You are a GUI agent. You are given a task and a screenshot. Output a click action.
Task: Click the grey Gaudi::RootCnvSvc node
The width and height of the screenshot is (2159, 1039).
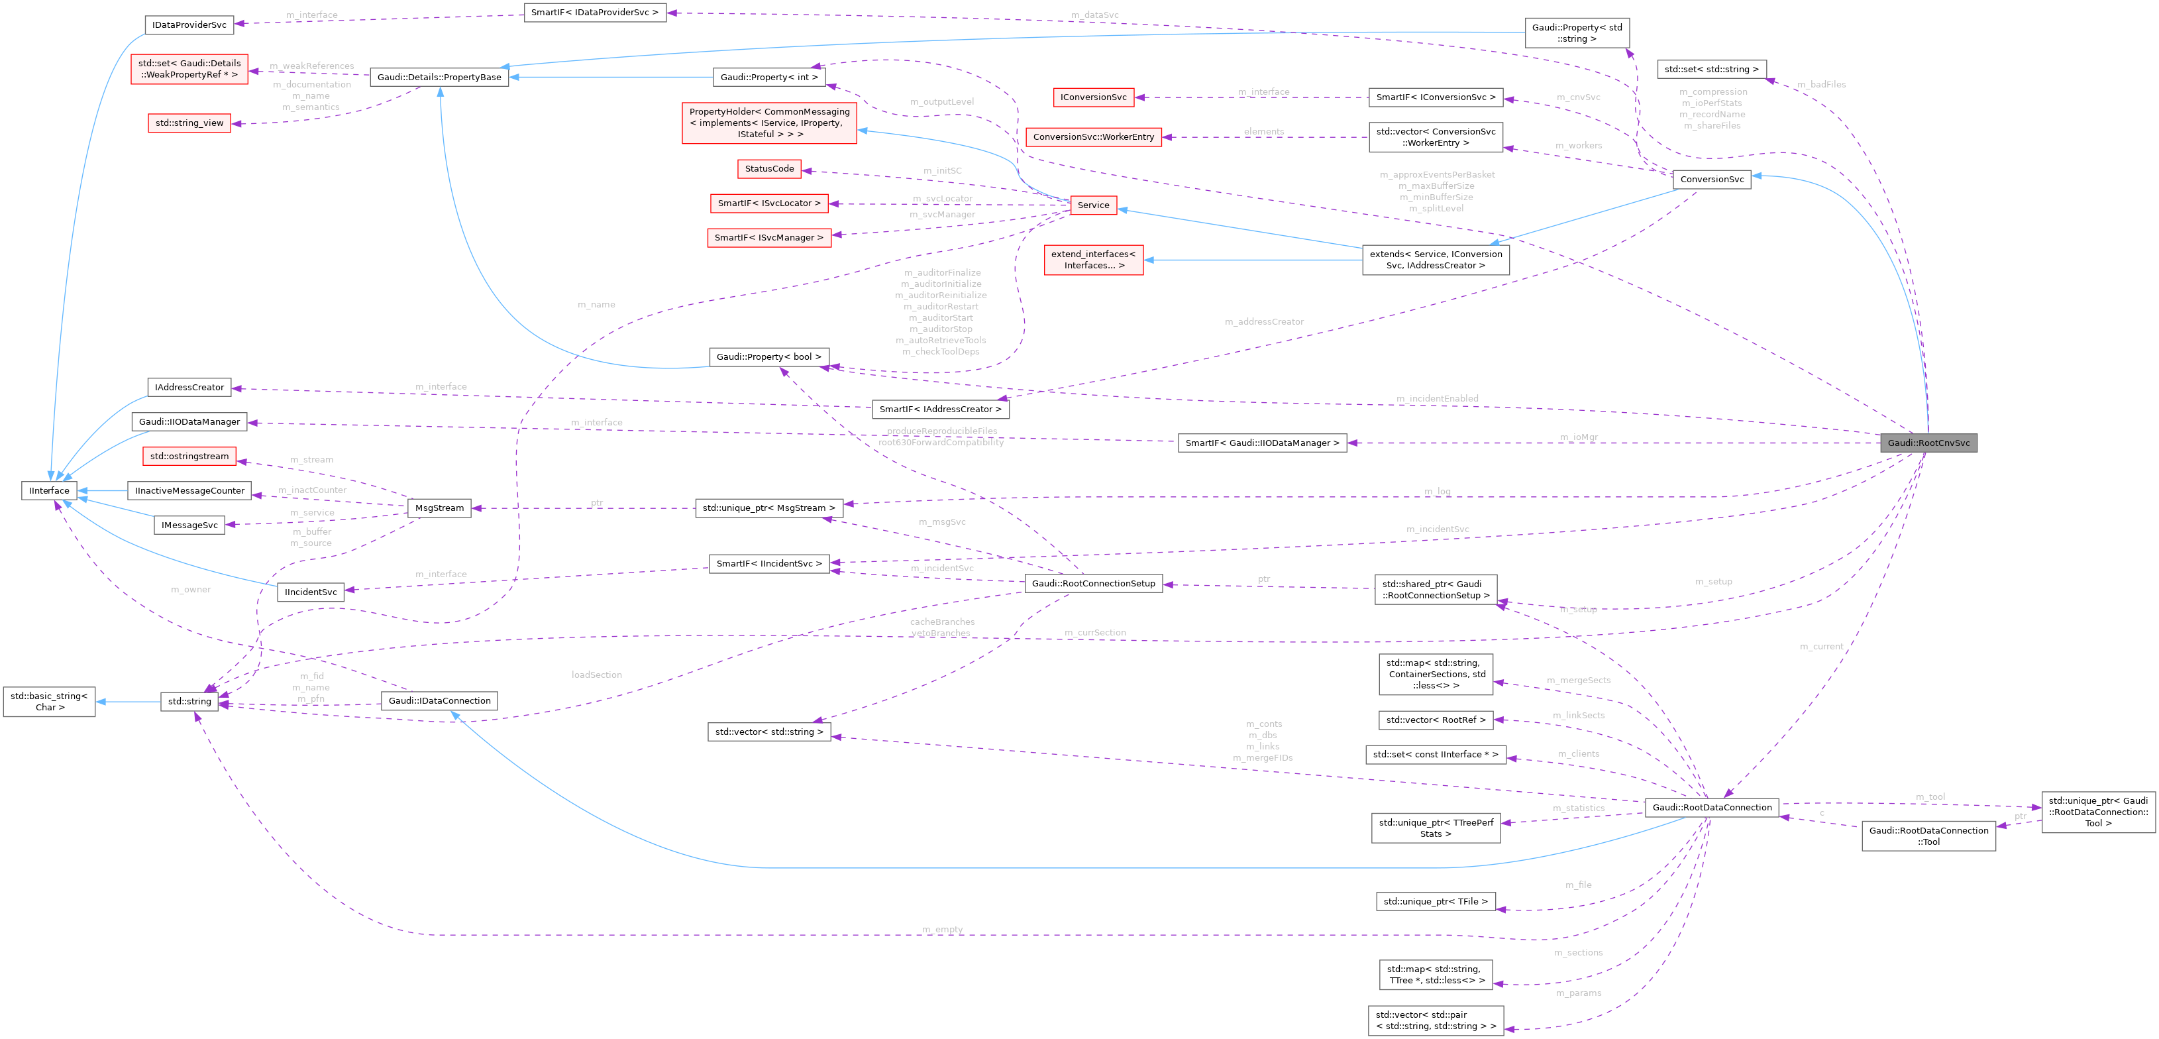pyautogui.click(x=1928, y=443)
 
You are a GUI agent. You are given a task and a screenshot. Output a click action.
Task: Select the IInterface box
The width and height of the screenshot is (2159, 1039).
pyautogui.click(x=50, y=490)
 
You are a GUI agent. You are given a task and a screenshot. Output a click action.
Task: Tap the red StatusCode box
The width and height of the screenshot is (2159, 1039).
pyautogui.click(x=768, y=168)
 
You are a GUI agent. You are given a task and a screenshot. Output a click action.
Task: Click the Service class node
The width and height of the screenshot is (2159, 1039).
pyautogui.click(x=1093, y=205)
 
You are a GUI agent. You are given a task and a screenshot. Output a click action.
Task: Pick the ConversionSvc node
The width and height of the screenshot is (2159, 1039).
pyautogui.click(x=1711, y=180)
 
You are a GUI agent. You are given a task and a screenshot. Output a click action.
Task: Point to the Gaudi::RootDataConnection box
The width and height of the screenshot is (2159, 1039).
pyautogui.click(x=1711, y=808)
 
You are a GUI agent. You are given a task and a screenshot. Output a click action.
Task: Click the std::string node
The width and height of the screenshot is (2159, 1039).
pyautogui.click(x=189, y=701)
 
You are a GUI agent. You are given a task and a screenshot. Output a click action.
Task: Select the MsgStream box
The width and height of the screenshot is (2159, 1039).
pyautogui.click(x=439, y=508)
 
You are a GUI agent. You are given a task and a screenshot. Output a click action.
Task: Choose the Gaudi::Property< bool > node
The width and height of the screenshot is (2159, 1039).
pyautogui.click(x=768, y=356)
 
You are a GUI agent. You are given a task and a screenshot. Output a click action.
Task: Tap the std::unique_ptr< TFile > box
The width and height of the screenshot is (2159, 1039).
pyautogui.click(x=1435, y=901)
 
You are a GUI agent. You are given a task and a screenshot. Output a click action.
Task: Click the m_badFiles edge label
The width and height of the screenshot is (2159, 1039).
pyautogui.click(x=1821, y=84)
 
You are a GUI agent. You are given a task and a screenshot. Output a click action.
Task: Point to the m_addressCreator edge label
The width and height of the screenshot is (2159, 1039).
pyautogui.click(x=1263, y=321)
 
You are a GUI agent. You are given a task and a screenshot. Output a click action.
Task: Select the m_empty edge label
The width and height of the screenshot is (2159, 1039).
pyautogui.click(x=942, y=929)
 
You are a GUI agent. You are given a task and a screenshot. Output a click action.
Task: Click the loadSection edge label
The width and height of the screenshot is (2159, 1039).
pyautogui.click(x=596, y=674)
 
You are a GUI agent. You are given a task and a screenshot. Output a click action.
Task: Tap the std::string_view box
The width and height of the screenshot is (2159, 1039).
pyautogui.click(x=189, y=123)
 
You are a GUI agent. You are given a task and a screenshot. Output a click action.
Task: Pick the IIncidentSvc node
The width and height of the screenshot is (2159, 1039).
pyautogui.click(x=310, y=592)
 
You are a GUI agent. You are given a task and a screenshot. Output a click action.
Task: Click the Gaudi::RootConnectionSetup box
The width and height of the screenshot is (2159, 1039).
pyautogui.click(x=1093, y=584)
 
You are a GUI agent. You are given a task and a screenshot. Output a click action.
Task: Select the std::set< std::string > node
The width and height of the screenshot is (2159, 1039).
pyautogui.click(x=1711, y=69)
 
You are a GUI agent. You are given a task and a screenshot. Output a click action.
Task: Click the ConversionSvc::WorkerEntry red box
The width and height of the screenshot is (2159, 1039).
pyautogui.click(x=1093, y=137)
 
